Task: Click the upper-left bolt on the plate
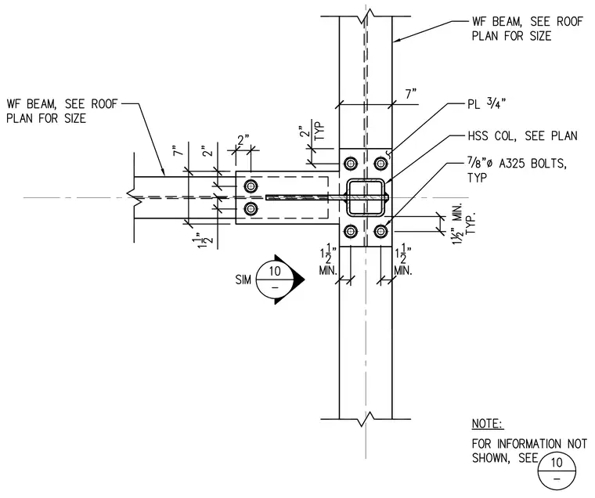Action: click(351, 164)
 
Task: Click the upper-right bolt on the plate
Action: click(380, 164)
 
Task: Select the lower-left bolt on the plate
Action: click(351, 231)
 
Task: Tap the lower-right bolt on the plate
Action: click(380, 231)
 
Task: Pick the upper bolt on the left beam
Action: click(251, 186)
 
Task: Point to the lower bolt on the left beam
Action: click(251, 208)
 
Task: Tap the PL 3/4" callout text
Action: click(487, 103)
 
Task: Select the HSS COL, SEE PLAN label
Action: click(522, 136)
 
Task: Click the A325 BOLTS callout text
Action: click(517, 170)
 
